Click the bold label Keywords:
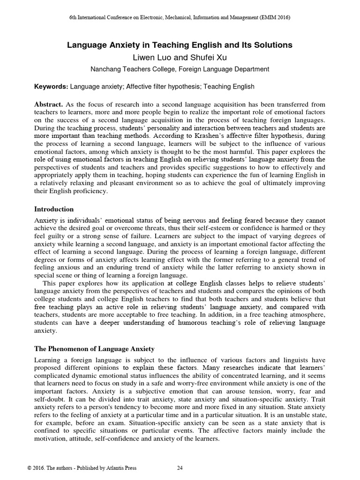pos(51,86)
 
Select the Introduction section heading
pos(54,209)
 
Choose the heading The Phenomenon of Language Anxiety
pos(95,349)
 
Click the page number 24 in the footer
pos(180,468)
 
